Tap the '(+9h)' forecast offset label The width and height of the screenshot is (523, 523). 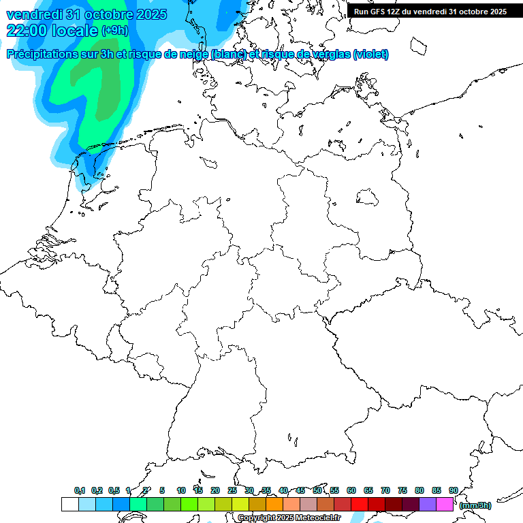pos(115,31)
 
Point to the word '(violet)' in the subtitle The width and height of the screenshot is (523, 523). pos(371,54)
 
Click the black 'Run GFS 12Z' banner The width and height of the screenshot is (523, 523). pos(430,12)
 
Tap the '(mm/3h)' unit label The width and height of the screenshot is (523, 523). pos(475,505)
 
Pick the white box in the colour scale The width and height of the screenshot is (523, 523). pos(69,505)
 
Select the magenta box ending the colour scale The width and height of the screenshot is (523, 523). pos(445,505)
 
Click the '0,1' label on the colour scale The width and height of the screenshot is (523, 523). pos(80,491)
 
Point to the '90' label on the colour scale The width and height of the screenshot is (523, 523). pos(454,491)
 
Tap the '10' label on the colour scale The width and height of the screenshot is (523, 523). pos(181,491)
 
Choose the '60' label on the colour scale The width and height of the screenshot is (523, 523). pos(351,491)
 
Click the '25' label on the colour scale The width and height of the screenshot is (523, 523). pos(232,491)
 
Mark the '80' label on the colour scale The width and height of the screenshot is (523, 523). pos(419,491)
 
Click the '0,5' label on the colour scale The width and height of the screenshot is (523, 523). pos(114,491)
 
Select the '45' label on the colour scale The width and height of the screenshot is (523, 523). pos(300,491)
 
